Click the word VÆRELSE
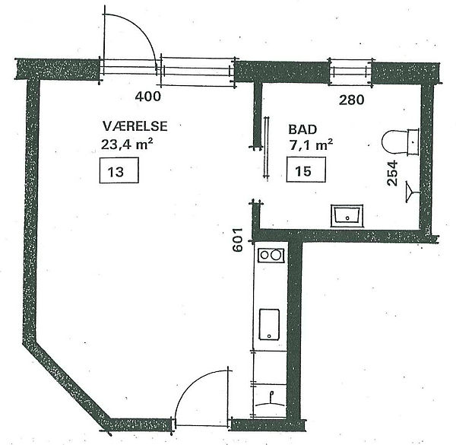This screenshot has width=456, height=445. [135, 126]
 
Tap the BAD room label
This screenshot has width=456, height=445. [302, 129]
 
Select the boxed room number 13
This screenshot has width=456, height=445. [119, 170]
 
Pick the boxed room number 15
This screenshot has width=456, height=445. [306, 170]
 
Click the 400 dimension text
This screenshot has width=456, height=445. [147, 97]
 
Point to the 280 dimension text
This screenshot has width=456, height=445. [352, 100]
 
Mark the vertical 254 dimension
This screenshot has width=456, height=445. [392, 173]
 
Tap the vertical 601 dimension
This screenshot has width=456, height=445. [238, 240]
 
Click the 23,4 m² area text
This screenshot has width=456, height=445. [127, 144]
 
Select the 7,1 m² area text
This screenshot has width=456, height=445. [311, 145]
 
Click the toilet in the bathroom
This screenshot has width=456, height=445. [401, 141]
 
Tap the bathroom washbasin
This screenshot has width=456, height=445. [347, 216]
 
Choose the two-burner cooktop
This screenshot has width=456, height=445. [271, 256]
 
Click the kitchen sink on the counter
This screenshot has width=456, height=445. [269, 324]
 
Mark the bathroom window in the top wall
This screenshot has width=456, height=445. [350, 72]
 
